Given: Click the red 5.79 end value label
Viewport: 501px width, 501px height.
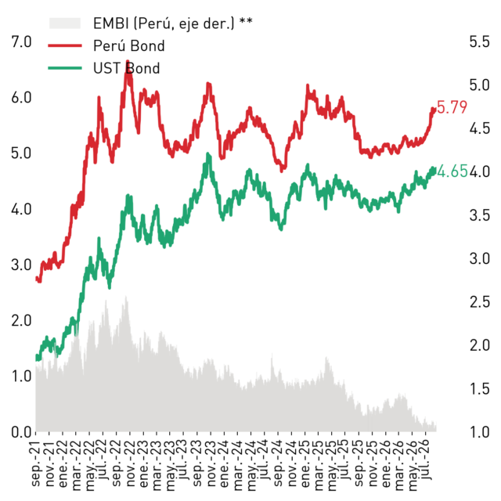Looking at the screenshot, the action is (x=452, y=107).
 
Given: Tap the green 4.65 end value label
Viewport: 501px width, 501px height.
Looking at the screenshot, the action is (x=452, y=171).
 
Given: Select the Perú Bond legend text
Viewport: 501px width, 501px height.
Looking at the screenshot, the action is (x=128, y=45).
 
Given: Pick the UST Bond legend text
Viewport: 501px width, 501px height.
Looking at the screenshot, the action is (x=127, y=68).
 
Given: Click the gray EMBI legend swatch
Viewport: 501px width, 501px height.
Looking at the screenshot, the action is (x=65, y=23).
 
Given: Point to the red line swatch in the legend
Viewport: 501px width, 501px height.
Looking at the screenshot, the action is (x=65, y=45).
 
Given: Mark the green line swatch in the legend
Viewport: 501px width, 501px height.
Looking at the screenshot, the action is (x=65, y=68).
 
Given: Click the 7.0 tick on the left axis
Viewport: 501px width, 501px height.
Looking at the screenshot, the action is (x=21, y=41).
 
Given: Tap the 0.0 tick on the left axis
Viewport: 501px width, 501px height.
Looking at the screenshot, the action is (x=21, y=431).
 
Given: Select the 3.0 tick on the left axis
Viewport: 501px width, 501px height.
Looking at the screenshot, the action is (x=21, y=265).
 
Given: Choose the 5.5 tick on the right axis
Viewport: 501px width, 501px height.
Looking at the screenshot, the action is (x=480, y=41).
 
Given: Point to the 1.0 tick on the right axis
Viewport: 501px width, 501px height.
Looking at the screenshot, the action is (x=480, y=431).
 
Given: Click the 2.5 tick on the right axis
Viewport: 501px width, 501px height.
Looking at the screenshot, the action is (x=480, y=302).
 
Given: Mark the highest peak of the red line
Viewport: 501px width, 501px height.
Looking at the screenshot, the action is (x=128, y=61).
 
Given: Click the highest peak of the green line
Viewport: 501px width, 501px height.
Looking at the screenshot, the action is (x=207, y=153).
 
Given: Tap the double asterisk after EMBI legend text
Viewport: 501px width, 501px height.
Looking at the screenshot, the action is (x=246, y=21).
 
